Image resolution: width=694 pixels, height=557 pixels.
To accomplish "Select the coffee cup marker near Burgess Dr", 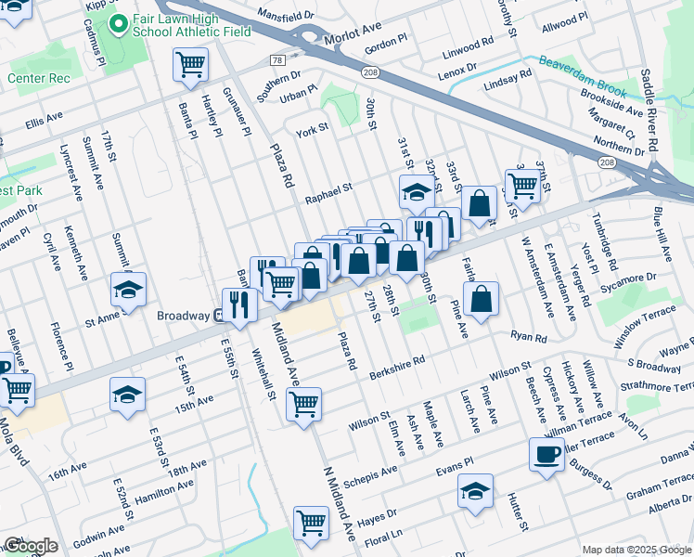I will click(546, 455).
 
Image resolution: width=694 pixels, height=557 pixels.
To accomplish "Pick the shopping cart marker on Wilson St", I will click(304, 405).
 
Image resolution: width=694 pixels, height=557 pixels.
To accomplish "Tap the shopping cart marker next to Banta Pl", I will click(190, 65).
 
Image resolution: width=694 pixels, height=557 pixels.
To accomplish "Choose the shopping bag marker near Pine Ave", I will click(481, 300).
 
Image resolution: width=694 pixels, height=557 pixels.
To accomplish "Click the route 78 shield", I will click(276, 59).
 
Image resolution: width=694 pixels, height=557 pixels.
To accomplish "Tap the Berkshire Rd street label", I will click(396, 361).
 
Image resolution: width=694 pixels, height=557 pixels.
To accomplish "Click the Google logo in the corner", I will click(31, 546).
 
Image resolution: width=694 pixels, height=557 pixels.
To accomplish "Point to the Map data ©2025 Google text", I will click(636, 550).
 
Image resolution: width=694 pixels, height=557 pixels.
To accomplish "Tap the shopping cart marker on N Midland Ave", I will click(311, 523).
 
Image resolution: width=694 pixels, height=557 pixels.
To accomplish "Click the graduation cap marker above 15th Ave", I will click(127, 395).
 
